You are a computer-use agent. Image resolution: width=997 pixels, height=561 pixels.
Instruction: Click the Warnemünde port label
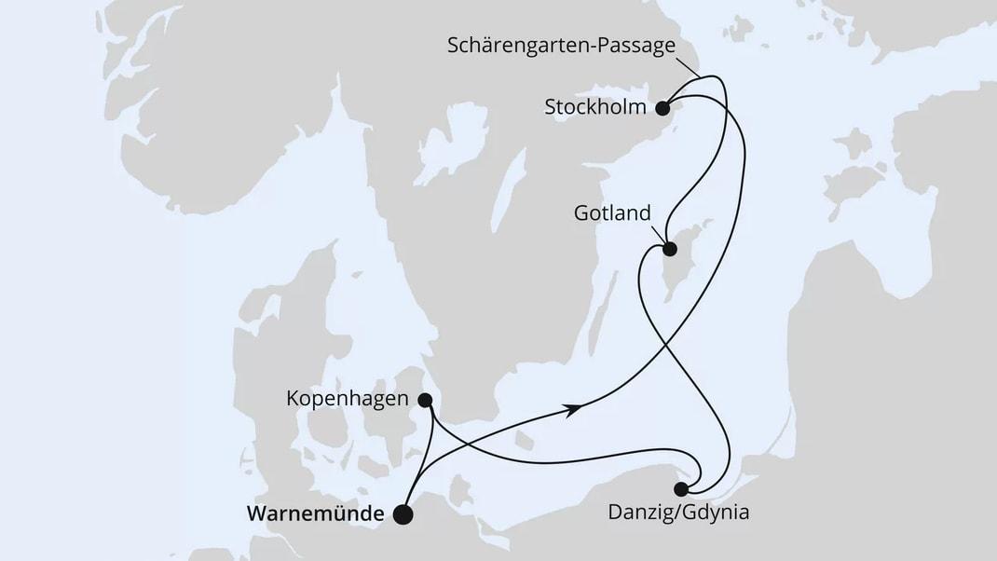[x=314, y=513]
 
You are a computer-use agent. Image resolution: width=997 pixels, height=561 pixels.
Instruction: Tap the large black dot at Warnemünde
[x=403, y=514]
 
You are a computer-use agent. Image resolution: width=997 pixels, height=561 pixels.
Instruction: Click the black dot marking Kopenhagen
[x=425, y=401]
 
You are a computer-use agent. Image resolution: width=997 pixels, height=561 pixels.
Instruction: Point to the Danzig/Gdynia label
[x=677, y=512]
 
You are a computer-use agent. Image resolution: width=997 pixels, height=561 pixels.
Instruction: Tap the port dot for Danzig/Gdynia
[x=682, y=488]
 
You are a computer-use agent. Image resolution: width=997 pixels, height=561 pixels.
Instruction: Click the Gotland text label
[x=611, y=213]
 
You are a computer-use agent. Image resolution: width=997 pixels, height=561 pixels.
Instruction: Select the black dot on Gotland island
[x=669, y=249]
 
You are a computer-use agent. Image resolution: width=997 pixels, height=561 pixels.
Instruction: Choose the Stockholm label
[x=595, y=107]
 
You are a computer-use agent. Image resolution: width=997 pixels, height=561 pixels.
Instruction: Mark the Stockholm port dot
[x=662, y=108]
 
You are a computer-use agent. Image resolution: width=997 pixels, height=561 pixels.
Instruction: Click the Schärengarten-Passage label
[x=561, y=46]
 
